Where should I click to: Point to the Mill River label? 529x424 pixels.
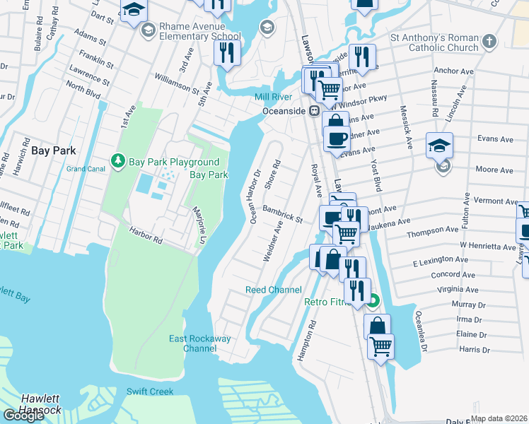pos(274,97)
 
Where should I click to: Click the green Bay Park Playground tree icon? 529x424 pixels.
pos(119,162)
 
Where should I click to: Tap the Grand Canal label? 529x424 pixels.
pos(86,169)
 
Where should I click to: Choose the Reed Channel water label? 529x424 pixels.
pos(273,290)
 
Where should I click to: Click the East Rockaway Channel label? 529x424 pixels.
pos(199,343)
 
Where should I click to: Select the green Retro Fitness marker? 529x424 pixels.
pos(373,302)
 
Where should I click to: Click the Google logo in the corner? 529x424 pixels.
pos(23,415)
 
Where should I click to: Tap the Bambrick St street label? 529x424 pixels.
pos(283,214)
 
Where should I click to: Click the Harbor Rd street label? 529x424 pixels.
pos(146,236)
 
